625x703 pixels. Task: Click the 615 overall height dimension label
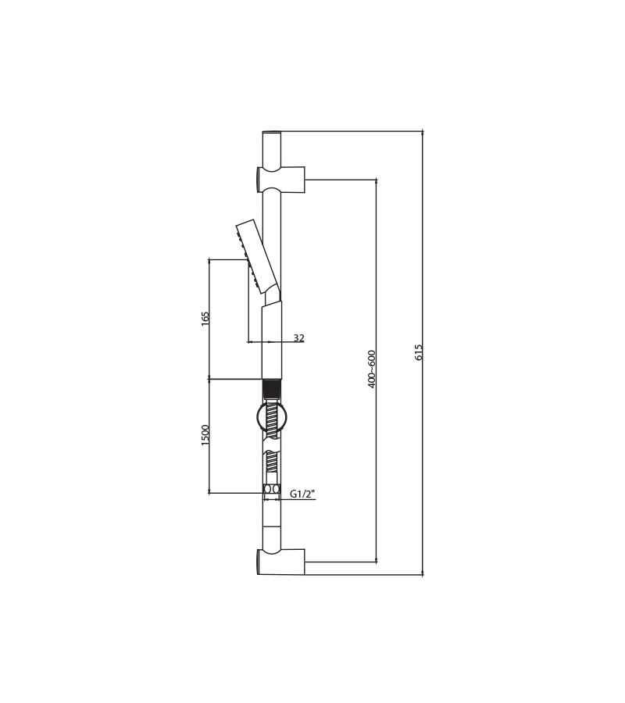(x=419, y=353)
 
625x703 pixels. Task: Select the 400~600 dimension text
(x=371, y=369)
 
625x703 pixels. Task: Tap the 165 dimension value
(x=205, y=319)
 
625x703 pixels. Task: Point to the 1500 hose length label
(x=205, y=435)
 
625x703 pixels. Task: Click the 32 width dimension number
(x=299, y=337)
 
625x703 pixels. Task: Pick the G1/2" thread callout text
(x=302, y=494)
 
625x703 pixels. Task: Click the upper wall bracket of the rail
(x=281, y=180)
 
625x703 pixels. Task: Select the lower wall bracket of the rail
(x=281, y=562)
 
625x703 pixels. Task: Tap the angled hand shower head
(x=257, y=255)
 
